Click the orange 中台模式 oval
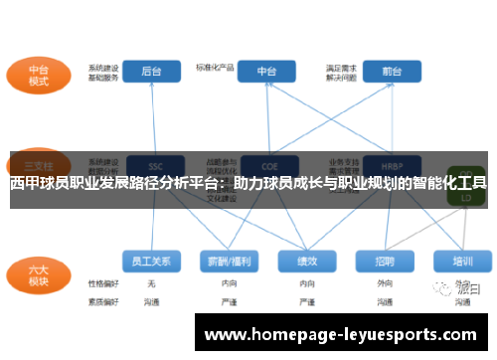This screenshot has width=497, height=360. tap(39, 77)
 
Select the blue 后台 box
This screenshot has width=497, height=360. tap(152, 72)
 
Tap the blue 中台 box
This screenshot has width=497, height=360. tap(267, 72)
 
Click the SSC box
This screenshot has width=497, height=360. tap(154, 165)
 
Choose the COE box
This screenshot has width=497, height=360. tap(267, 165)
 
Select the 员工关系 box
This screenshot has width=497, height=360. tap(152, 261)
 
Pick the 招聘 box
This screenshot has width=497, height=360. tap(385, 261)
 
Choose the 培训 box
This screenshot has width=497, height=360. tap(462, 261)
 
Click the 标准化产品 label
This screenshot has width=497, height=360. tap(214, 68)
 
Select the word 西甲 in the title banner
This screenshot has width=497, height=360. tap(25, 183)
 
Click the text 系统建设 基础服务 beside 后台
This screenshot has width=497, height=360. tap(102, 73)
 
